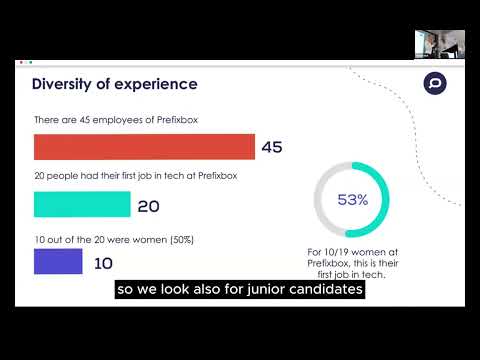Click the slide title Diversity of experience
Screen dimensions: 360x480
115,84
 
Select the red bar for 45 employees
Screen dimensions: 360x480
144,147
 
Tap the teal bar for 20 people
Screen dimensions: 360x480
82,204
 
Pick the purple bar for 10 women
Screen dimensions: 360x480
58,262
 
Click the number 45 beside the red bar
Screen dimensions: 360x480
272,148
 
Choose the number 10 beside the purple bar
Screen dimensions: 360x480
102,263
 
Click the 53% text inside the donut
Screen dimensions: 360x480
352,200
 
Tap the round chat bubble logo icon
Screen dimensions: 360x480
434,84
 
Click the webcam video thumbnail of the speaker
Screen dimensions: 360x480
439,44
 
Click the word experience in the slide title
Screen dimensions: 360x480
155,84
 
